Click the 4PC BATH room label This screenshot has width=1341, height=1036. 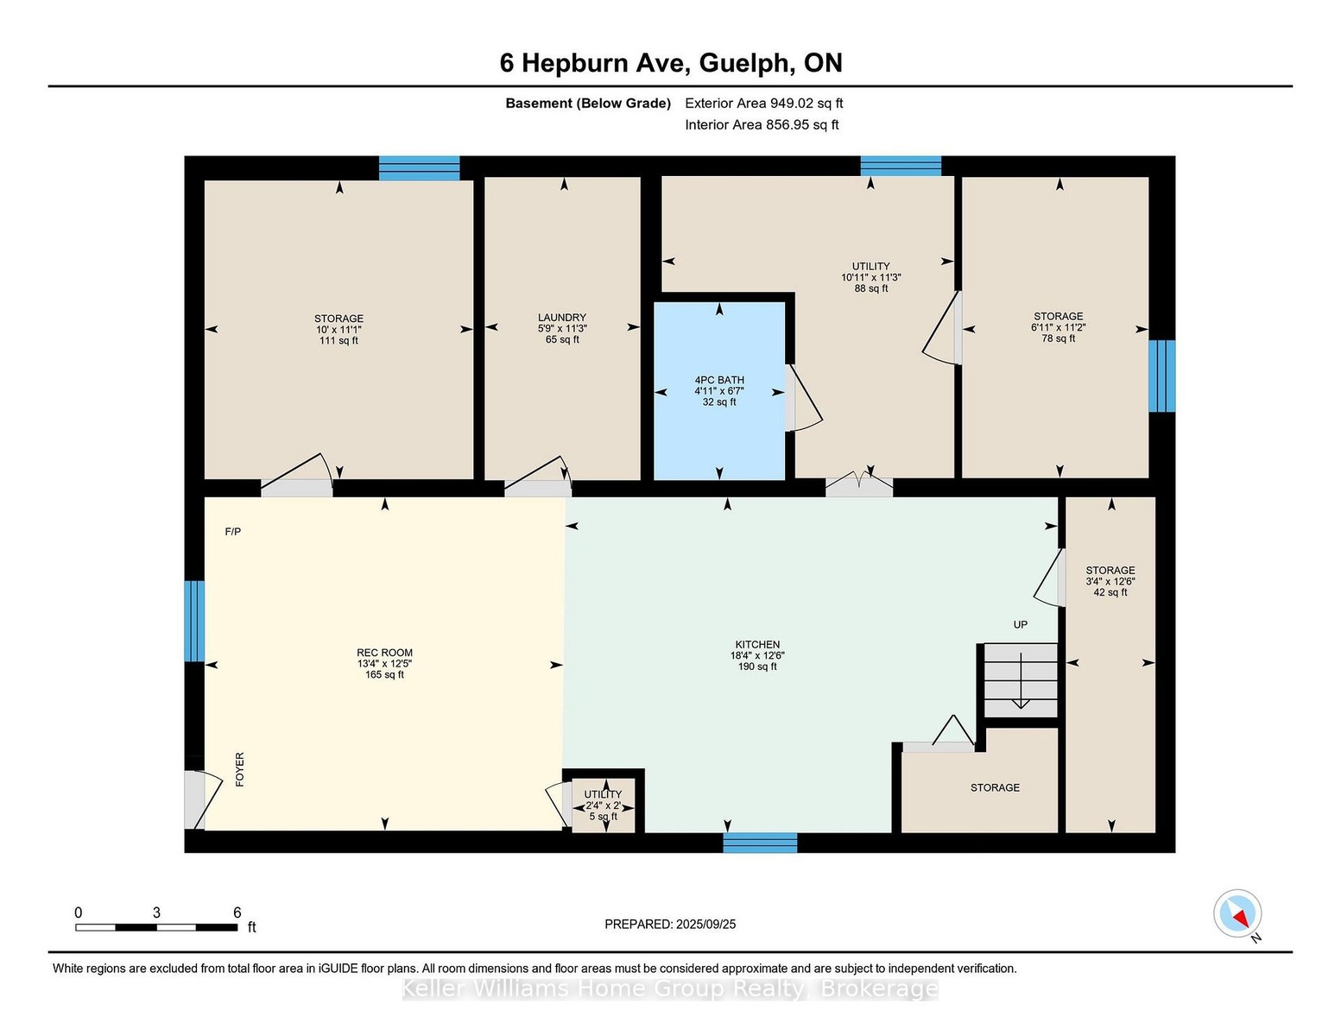point(719,380)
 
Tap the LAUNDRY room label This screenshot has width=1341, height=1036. point(561,318)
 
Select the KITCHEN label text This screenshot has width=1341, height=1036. point(757,644)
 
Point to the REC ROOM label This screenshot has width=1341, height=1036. point(384,653)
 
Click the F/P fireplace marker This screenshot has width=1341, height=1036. point(232,531)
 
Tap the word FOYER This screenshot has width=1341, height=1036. point(240,769)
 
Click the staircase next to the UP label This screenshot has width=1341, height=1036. point(1020,680)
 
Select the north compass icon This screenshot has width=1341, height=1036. point(1237,913)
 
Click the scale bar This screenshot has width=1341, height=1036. point(156,927)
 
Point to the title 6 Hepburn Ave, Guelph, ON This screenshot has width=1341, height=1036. point(671,63)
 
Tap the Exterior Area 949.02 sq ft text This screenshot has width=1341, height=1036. point(763,103)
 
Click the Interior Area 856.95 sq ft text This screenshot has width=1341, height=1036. point(762,124)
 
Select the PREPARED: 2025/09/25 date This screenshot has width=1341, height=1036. point(670,925)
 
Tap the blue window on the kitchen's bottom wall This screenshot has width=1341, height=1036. point(760,843)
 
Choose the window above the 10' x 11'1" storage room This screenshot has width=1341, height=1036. point(419,167)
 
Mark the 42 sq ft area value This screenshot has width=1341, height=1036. point(1110,592)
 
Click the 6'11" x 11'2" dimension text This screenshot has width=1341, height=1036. point(1058,328)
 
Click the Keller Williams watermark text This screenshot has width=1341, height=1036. point(670,989)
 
